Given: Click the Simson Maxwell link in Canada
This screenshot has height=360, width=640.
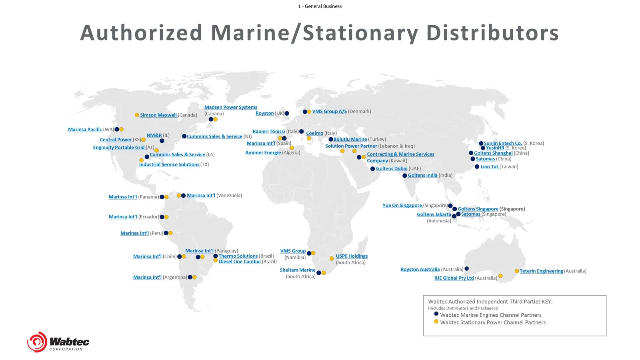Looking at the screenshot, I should click(158, 115).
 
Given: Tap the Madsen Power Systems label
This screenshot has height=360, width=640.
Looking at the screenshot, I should click(230, 107).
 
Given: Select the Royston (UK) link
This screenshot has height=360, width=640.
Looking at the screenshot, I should click(264, 113).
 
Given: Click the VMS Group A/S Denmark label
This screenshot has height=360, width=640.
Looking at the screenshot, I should click(329, 112).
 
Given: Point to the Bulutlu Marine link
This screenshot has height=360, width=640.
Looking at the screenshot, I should click(350, 140).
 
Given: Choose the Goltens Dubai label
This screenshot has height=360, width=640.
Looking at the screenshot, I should click(391, 169).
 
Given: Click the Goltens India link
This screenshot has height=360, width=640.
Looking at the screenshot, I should click(422, 175).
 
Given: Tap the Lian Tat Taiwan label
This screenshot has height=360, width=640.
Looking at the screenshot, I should click(489, 167).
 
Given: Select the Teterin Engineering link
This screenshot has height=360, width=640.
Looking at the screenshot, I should click(541, 271).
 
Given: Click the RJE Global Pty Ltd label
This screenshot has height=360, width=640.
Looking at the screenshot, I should click(454, 278).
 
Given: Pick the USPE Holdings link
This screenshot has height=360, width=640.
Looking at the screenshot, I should click(352, 256).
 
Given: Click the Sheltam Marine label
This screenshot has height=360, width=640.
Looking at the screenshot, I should click(298, 270).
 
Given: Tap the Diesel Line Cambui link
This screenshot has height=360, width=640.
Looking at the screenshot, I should click(240, 262).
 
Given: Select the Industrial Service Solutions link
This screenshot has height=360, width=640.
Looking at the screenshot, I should click(169, 164).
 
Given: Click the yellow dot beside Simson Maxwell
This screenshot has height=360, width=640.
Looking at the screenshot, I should click(137, 115).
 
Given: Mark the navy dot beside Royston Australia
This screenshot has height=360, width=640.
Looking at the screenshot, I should click(467, 269).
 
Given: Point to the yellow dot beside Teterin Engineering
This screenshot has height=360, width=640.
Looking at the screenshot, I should click(516, 271).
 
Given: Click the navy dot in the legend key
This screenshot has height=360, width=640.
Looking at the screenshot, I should click(436, 314).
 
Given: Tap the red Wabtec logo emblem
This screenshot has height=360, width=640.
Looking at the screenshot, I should click(37, 342).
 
